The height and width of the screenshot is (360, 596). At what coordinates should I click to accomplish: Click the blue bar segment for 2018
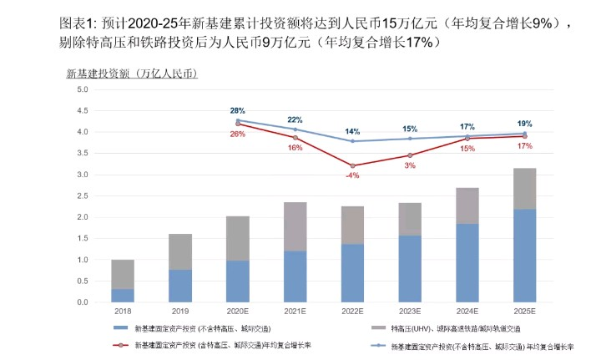coord(123,295)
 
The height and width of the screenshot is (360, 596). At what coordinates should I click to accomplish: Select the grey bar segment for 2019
coord(180,251)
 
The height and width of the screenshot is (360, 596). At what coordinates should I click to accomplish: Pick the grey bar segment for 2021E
coord(295,226)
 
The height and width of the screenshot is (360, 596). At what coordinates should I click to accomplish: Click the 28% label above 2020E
coord(237,110)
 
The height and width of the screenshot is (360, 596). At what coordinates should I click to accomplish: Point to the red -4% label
coord(353,176)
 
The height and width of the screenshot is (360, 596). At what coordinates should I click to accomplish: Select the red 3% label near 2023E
coord(411,166)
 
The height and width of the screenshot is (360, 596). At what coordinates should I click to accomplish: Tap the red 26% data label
coord(237,134)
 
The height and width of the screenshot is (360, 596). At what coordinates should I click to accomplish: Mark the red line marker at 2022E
coord(353,165)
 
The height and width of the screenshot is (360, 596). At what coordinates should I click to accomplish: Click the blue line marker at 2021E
coord(295,129)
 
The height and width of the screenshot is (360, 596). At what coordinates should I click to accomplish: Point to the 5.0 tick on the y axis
coord(83,89)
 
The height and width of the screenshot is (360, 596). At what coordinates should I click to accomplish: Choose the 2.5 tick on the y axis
coord(83,195)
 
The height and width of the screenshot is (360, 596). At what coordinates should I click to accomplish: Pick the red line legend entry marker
coord(119,343)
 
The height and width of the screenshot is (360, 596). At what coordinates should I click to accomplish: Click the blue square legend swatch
coord(119,328)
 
